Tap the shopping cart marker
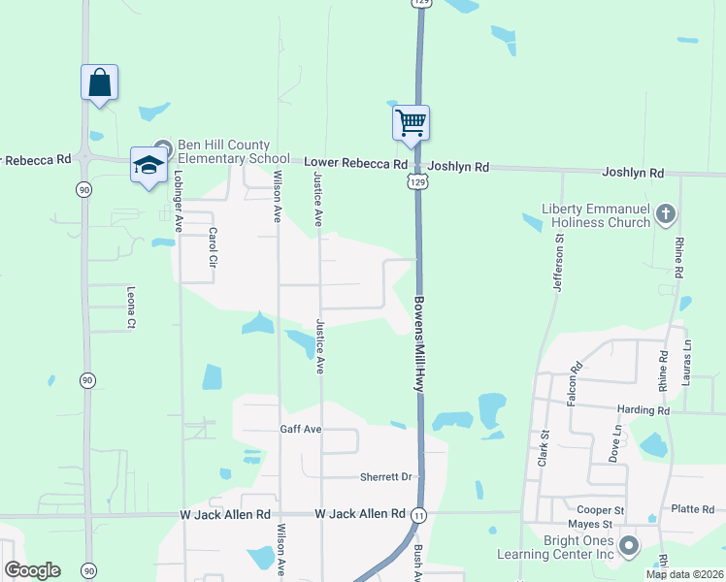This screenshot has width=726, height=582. pyautogui.click(x=411, y=122)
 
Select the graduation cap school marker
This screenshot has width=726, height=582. pyautogui.click(x=148, y=166)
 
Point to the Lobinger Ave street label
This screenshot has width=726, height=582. pyautogui.click(x=179, y=202)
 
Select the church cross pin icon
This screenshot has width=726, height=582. pyautogui.click(x=665, y=213)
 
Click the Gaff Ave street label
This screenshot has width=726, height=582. pyautogui.click(x=300, y=429)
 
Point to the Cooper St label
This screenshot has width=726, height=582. pyautogui.click(x=599, y=510)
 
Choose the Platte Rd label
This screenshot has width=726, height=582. pyautogui.click(x=693, y=508)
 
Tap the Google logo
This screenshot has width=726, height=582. pyautogui.click(x=32, y=570)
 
